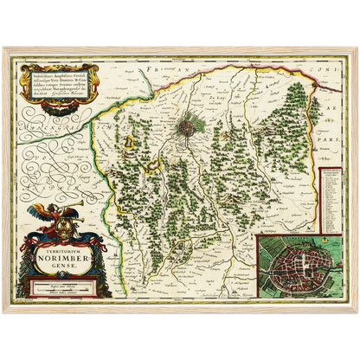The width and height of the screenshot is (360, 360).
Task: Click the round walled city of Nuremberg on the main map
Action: coord(190,129)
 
